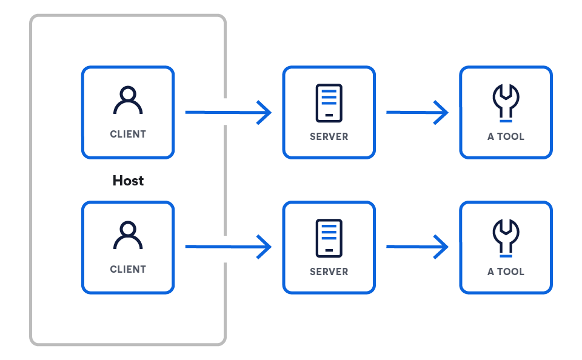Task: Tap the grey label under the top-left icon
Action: click(x=128, y=133)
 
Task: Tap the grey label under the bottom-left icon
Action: click(x=128, y=268)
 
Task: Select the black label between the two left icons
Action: click(x=129, y=179)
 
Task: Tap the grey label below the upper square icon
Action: click(x=329, y=135)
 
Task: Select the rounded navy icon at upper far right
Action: click(x=506, y=98)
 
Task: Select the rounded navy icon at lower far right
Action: click(x=506, y=233)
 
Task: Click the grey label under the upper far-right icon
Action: click(x=506, y=135)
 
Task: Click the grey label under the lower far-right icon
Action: click(x=506, y=271)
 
